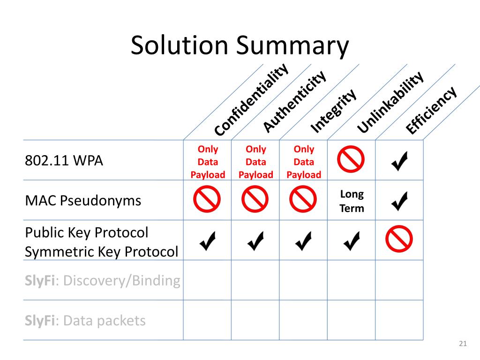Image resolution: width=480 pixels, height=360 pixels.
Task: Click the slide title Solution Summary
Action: pyautogui.click(x=240, y=46)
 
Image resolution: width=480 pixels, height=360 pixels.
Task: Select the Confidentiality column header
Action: pyautogui.click(x=251, y=100)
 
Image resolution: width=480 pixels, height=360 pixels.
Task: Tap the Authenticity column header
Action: pyautogui.click(x=294, y=101)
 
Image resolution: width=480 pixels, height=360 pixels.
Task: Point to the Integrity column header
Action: pyautogui.click(x=334, y=111)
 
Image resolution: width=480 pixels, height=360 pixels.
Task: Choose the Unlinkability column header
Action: pyautogui.click(x=390, y=102)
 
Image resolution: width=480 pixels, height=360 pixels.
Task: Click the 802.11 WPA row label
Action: pyautogui.click(x=64, y=160)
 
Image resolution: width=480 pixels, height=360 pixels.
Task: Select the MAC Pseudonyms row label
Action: pyautogui.click(x=83, y=201)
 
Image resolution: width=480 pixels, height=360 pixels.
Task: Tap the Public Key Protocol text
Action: pyautogui.click(x=86, y=232)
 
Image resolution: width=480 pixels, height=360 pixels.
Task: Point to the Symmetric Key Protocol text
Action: pyautogui.click(x=101, y=252)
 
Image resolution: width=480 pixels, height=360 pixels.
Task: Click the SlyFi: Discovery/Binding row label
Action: pyautogui.click(x=103, y=281)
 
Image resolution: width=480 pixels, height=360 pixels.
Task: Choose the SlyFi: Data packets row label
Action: pyautogui.click(x=85, y=321)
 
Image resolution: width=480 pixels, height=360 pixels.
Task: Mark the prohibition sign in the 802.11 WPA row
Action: pyautogui.click(x=351, y=159)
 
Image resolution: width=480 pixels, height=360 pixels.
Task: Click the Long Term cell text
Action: pyautogui.click(x=352, y=201)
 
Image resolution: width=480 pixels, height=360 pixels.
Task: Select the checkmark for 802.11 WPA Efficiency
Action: pyautogui.click(x=399, y=161)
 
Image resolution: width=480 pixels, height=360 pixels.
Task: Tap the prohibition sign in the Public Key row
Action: pyautogui.click(x=399, y=239)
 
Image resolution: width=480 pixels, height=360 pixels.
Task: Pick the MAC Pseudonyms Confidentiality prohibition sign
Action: pyautogui.click(x=207, y=200)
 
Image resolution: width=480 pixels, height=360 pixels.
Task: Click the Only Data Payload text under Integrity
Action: pyautogui.click(x=304, y=162)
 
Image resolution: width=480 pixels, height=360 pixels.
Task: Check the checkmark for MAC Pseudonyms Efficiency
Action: pyautogui.click(x=399, y=201)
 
